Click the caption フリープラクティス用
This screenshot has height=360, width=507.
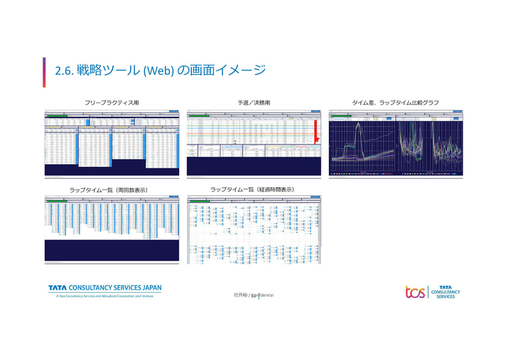coord(112,103)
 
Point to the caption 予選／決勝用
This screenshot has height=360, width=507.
coord(253,103)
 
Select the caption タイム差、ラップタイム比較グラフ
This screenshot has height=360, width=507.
coord(395,103)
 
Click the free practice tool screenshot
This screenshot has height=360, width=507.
coord(112,143)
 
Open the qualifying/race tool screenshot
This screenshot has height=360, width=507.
coord(253,143)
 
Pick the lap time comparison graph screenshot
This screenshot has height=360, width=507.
coord(395,143)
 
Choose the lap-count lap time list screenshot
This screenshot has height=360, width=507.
coord(112,230)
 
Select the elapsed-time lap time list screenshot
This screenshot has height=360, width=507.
coord(253,230)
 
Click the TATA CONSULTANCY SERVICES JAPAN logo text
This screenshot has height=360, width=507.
coord(105,288)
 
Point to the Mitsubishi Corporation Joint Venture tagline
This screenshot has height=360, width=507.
coord(105,296)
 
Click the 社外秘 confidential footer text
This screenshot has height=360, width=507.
coord(253,295)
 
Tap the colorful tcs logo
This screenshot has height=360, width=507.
coord(416,292)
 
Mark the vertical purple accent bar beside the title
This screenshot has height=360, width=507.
coord(45,72)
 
